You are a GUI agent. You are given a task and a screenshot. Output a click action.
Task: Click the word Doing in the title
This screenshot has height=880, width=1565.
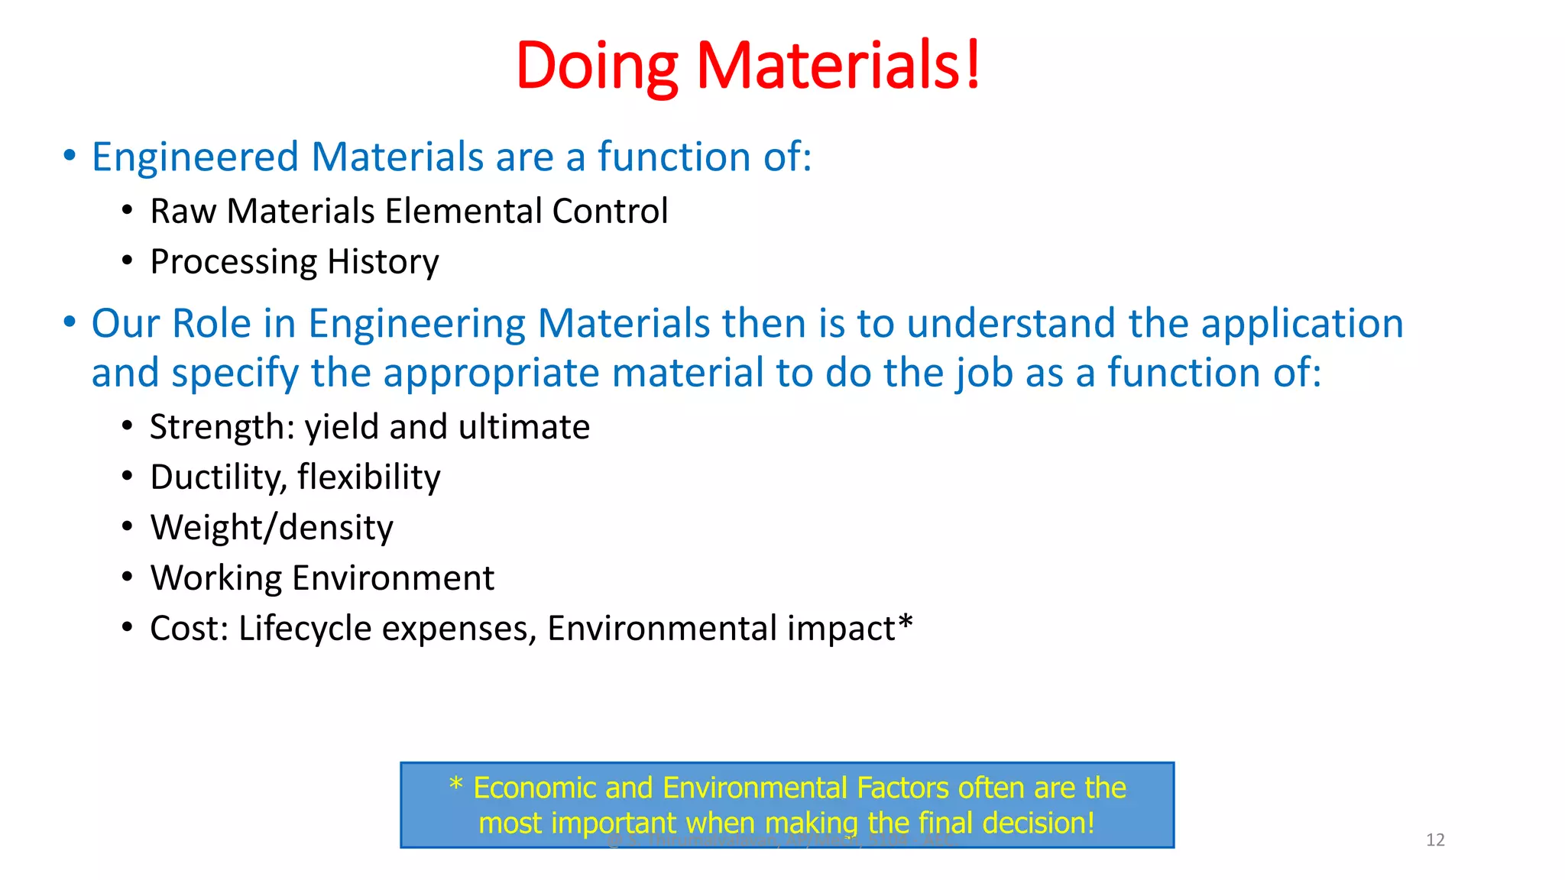point(596,67)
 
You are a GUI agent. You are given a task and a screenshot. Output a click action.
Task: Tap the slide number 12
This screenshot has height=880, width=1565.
point(1435,840)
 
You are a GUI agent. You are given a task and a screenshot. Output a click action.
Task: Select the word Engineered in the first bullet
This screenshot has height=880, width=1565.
point(195,157)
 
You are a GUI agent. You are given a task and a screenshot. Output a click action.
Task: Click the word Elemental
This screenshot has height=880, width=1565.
point(463,212)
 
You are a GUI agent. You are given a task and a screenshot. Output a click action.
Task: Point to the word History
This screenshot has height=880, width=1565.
point(383,262)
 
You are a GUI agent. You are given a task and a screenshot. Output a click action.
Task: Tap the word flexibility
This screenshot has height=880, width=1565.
point(368,477)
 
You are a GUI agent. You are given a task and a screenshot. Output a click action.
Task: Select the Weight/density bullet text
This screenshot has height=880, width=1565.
point(271,528)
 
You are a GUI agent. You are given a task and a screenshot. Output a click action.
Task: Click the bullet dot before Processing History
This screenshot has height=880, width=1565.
point(128,261)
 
